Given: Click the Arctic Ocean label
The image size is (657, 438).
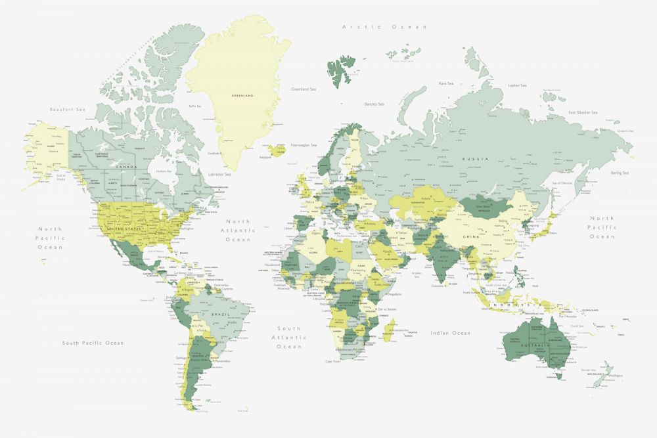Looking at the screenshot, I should coord(385,27).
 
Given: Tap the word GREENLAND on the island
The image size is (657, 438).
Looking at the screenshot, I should coord(242,95).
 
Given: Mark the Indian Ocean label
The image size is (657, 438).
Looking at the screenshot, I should coord(450,333).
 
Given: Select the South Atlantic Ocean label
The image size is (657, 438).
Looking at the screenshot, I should coord(288,337).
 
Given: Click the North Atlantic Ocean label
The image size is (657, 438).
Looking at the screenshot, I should coord(238,230).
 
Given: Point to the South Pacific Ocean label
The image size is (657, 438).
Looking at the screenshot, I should coord(93,343).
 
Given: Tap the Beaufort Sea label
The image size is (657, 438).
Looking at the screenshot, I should coord(68,109).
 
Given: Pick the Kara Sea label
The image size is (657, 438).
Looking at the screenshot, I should coord(446,83).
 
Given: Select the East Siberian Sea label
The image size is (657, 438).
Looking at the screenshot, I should coord(583,112).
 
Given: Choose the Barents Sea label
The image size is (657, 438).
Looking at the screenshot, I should coord(374,104).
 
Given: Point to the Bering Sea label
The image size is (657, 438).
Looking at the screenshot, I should coord(620,173).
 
